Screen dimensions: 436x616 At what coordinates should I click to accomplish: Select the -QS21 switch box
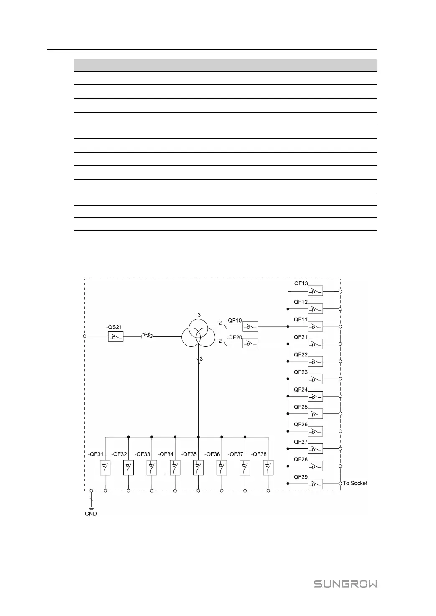(115, 337)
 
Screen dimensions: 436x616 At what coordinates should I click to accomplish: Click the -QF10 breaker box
(250, 326)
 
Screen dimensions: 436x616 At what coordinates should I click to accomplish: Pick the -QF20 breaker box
(250, 344)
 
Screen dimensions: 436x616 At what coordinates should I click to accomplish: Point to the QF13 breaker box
(315, 291)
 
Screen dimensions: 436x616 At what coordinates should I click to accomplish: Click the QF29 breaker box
(315, 484)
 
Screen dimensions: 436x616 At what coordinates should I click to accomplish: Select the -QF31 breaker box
(105, 467)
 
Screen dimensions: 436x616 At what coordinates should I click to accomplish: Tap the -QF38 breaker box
(268, 467)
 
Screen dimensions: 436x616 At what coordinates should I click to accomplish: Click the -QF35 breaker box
(198, 467)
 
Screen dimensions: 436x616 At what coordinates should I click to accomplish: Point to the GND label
(91, 514)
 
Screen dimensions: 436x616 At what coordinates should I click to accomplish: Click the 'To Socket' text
(355, 483)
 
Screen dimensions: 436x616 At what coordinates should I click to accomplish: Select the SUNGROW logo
(345, 584)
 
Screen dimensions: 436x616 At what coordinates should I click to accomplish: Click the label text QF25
(301, 407)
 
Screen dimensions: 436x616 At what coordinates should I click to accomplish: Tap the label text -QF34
(166, 454)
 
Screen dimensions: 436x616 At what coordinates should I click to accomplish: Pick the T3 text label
(197, 315)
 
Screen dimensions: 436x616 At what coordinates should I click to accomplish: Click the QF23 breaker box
(315, 379)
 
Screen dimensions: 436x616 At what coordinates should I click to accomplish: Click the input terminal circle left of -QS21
(85, 336)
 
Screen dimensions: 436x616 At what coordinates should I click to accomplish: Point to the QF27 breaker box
(315, 449)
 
